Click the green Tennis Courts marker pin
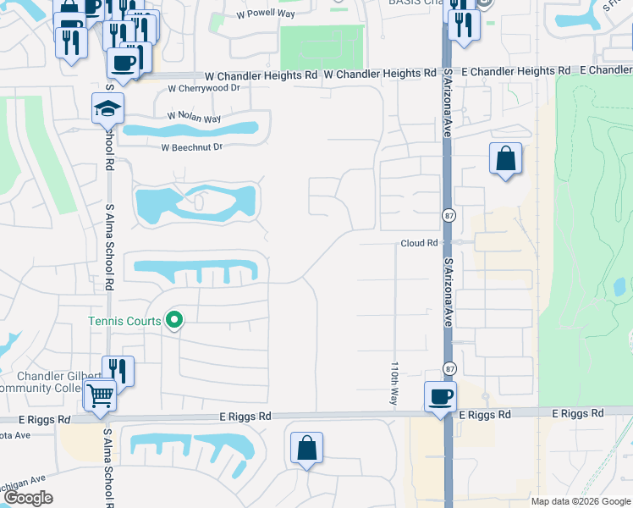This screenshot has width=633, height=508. (x=174, y=320)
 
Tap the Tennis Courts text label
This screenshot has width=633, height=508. (x=124, y=321)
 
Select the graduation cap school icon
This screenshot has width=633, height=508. (x=108, y=108)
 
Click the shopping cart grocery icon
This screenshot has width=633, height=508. (x=100, y=395)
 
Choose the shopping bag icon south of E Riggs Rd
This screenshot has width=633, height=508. (x=307, y=448)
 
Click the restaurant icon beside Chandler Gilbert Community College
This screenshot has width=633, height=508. (x=118, y=371)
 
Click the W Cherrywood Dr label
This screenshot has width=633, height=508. (x=204, y=88)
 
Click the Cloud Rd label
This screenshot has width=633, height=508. (x=419, y=243)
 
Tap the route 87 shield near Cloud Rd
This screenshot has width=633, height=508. (x=448, y=216)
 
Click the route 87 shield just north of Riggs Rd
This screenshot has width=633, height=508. (x=448, y=367)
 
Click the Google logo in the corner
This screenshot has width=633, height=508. (x=29, y=498)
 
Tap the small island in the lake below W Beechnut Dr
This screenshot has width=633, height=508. (x=199, y=202)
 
